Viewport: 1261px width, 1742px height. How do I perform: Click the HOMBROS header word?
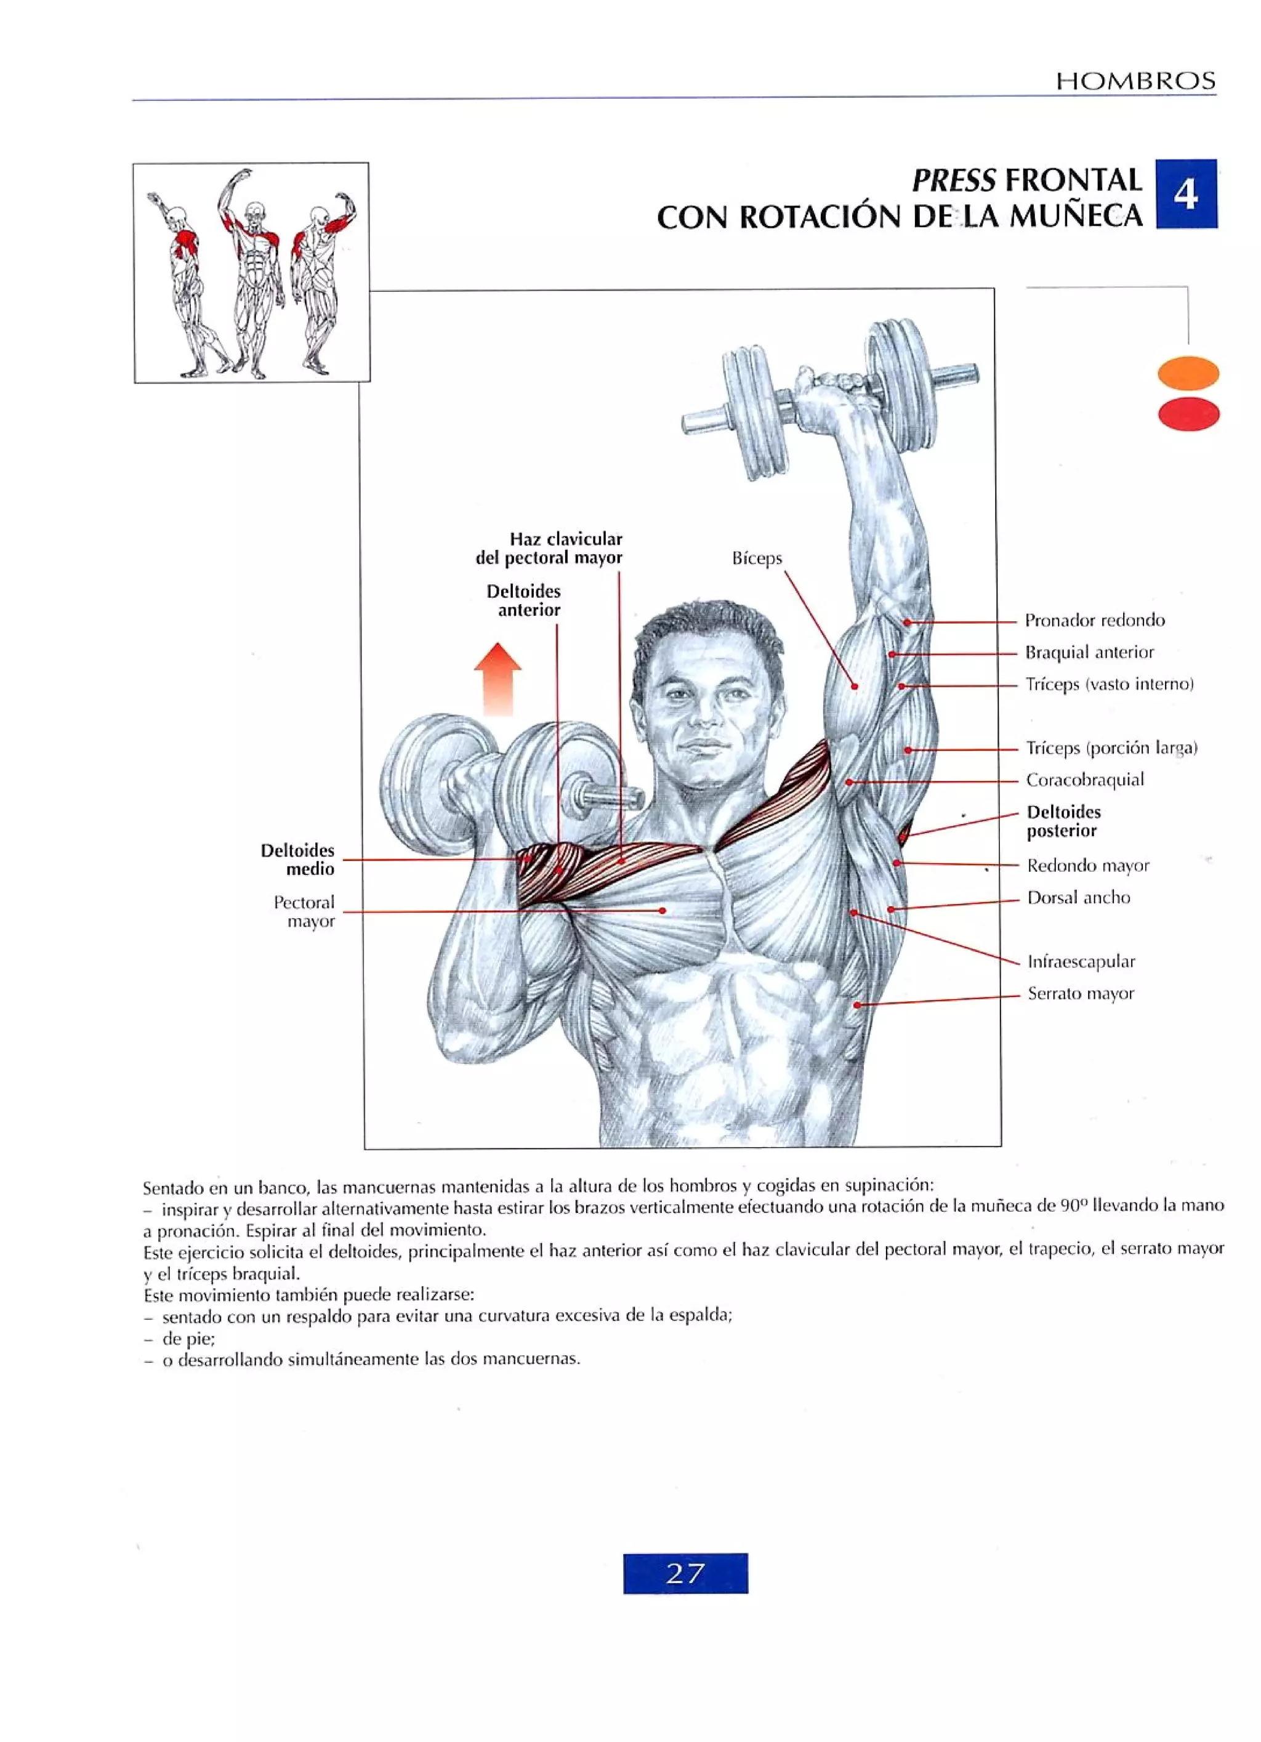(x=1135, y=81)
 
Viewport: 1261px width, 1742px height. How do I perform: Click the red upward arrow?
(x=498, y=677)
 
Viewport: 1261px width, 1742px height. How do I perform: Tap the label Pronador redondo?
(x=1094, y=620)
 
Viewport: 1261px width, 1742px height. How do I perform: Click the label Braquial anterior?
(x=1089, y=652)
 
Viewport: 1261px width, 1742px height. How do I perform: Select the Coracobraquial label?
(x=1084, y=780)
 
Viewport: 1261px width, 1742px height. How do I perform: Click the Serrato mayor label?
(x=1081, y=993)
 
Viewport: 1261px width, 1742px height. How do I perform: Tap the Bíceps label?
(x=757, y=558)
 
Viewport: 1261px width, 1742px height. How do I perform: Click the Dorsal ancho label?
(x=1078, y=897)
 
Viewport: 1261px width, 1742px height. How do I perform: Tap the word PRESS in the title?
(x=953, y=180)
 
